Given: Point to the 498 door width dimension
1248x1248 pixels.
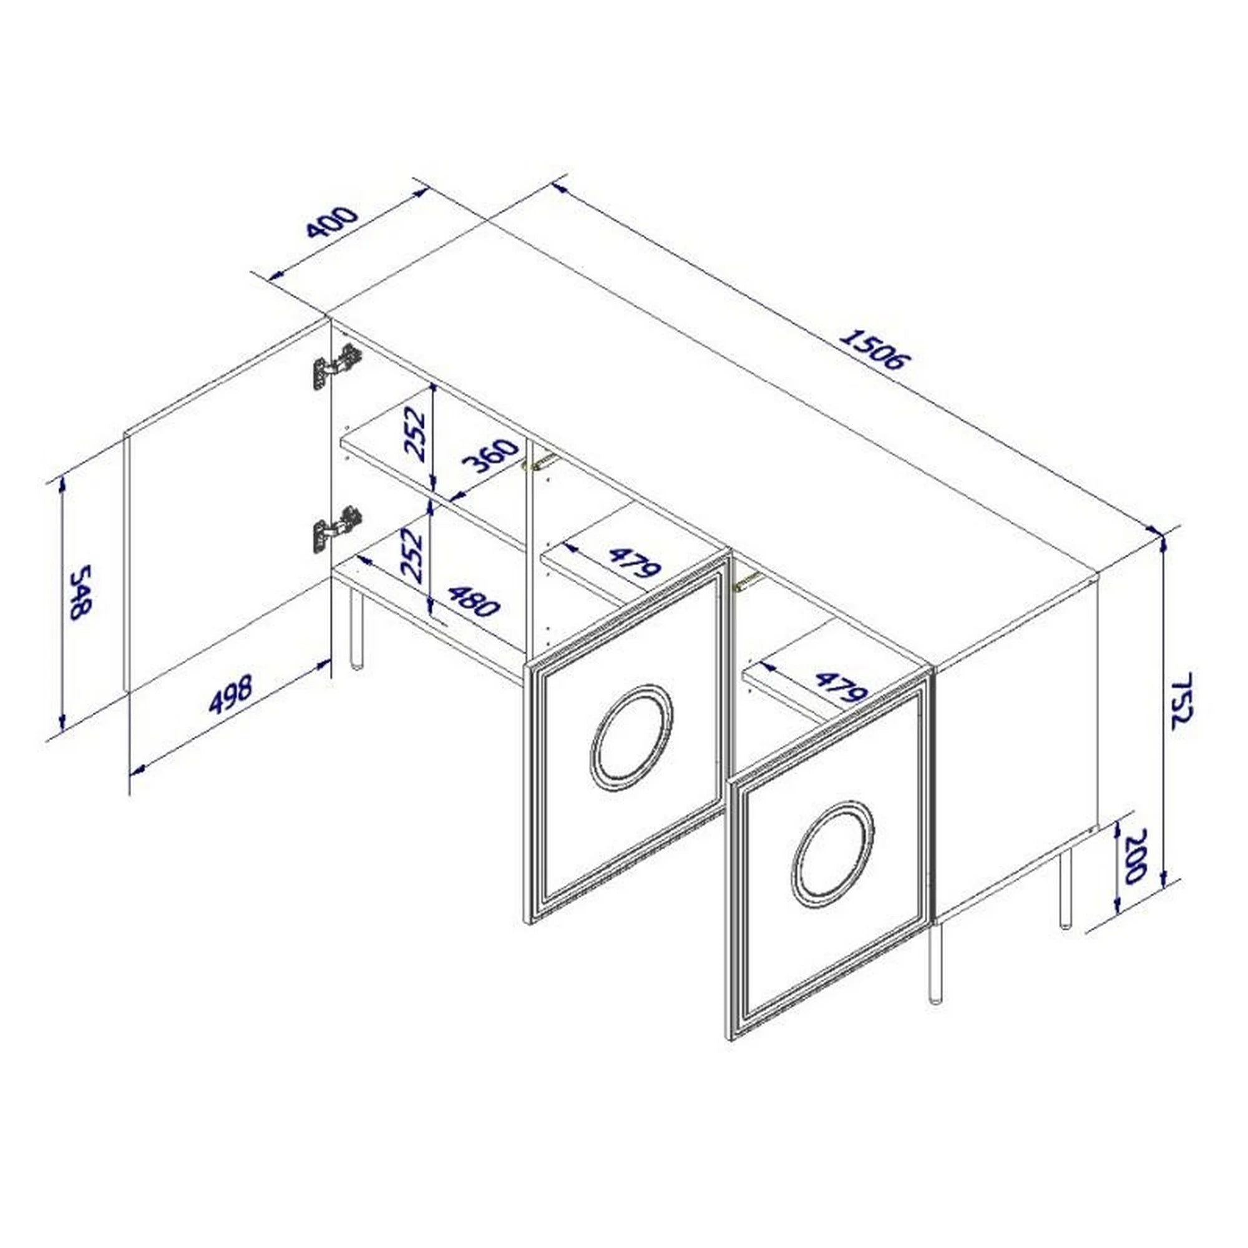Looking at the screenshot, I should [231, 694].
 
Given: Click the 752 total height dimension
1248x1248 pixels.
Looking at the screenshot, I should [1181, 701].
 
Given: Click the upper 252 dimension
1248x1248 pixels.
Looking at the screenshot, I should [414, 434].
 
